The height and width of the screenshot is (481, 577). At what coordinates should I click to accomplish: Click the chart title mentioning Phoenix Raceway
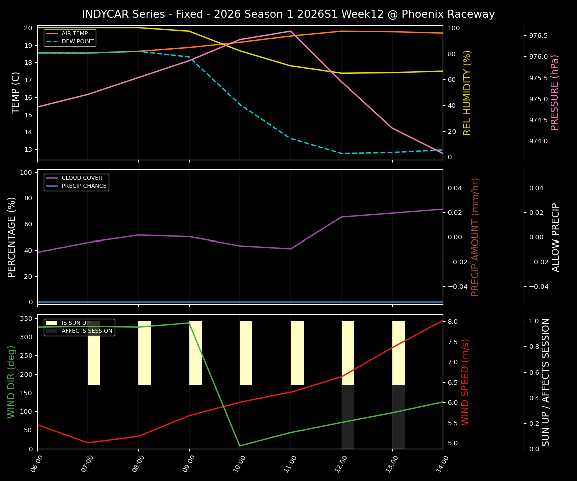288,14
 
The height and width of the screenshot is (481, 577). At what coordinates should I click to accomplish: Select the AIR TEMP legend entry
74,34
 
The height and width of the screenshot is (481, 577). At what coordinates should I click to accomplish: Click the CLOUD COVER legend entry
81,178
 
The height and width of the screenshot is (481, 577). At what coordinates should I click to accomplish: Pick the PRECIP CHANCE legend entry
84,186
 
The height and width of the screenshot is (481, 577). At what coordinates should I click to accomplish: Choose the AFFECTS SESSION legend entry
86,331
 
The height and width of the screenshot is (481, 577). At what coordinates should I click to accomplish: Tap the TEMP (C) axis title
16,92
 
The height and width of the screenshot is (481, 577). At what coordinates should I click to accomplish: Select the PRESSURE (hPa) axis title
555,92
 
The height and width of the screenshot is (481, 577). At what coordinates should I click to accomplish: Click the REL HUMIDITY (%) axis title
468,92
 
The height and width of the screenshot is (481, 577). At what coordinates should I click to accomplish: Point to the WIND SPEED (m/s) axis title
466,382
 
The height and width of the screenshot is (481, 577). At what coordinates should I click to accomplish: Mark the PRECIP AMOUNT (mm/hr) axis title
476,236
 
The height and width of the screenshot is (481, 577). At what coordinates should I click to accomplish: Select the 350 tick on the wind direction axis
27,319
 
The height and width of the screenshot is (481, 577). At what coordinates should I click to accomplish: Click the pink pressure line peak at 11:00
291,31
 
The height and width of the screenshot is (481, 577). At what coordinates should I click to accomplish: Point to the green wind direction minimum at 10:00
240,446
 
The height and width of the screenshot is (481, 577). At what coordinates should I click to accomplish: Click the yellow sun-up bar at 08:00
145,353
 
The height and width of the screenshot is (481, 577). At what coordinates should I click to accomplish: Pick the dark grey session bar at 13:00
398,417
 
